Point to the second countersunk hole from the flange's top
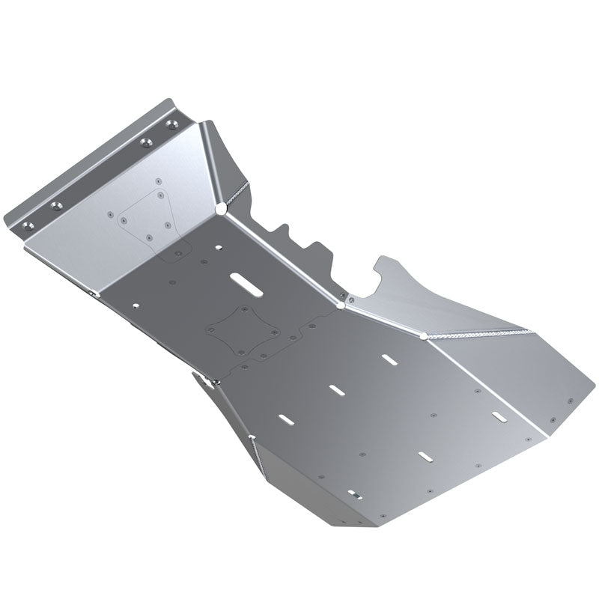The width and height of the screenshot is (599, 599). (x=147, y=142)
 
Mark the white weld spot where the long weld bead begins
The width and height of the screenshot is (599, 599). (x=424, y=336)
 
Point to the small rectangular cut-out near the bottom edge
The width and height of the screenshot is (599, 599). (x=354, y=493)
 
